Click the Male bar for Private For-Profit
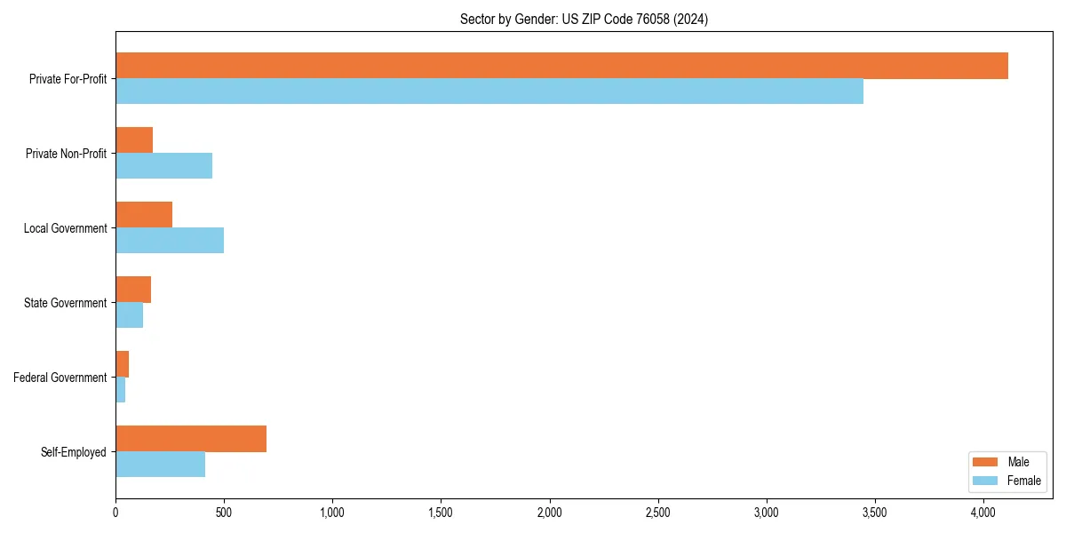(561, 66)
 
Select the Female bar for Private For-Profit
(489, 91)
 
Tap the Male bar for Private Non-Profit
(134, 140)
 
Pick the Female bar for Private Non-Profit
(163, 166)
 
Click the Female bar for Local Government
(170, 241)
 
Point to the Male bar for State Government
(133, 290)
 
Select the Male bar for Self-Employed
(191, 439)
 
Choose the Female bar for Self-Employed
(160, 465)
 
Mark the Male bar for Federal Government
(122, 364)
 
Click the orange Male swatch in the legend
(986, 462)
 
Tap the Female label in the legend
(1023, 481)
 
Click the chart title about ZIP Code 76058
(584, 19)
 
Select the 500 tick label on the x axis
(224, 513)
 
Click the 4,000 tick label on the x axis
(983, 513)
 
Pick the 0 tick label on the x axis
(115, 513)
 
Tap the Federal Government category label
(60, 378)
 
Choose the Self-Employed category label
(74, 452)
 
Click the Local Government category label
(66, 228)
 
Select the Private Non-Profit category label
(67, 154)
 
